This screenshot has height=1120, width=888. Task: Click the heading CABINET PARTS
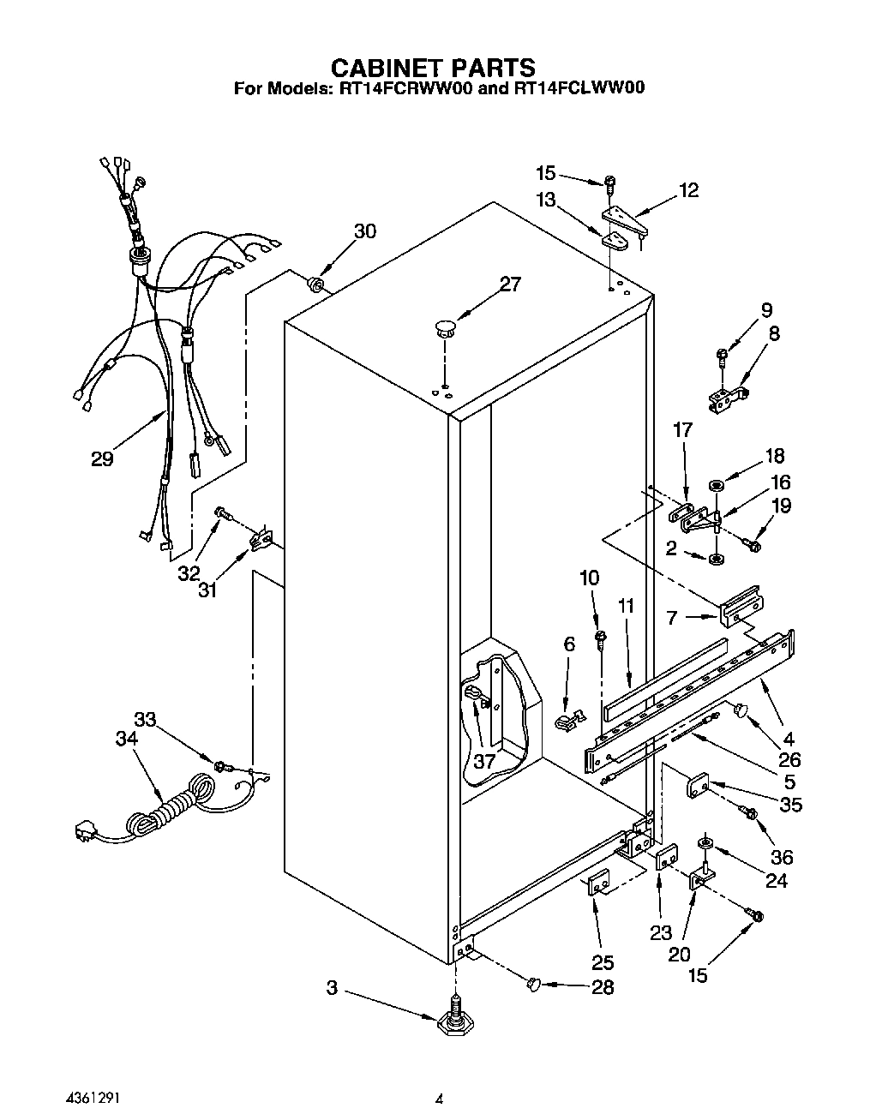[x=433, y=68]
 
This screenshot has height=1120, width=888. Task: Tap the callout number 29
[x=102, y=459]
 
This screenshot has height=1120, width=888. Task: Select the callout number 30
[x=365, y=231]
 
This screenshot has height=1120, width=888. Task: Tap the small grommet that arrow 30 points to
[x=315, y=283]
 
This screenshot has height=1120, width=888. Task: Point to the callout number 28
[x=603, y=987]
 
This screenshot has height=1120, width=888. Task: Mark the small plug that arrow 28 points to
[x=533, y=985]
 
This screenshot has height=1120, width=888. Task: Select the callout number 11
[x=627, y=607]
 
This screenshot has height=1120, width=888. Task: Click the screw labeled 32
[x=222, y=512]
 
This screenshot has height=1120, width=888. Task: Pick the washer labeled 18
[x=717, y=486]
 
